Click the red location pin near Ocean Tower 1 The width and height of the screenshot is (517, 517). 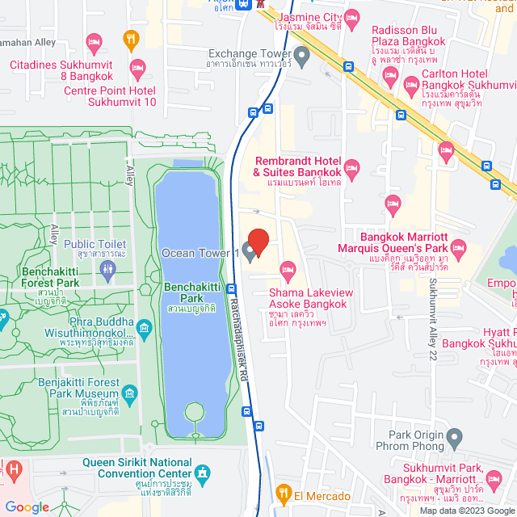[258, 240]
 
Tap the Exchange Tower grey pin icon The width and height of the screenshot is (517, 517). [302, 57]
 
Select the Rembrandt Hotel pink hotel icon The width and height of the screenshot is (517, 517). [351, 167]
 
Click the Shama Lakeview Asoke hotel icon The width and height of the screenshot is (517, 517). [287, 269]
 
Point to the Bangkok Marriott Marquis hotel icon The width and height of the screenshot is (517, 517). [458, 247]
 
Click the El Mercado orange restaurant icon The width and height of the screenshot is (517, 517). [283, 491]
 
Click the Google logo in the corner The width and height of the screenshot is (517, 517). [27, 506]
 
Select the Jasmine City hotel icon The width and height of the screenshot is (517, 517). [351, 16]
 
